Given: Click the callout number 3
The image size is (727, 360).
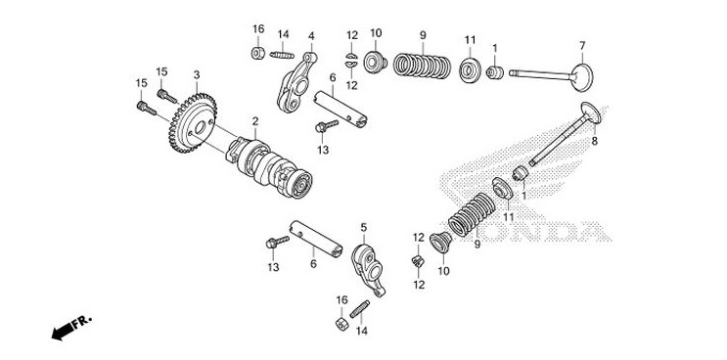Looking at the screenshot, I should click(x=196, y=74).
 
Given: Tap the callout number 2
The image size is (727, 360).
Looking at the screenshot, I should click(x=255, y=121).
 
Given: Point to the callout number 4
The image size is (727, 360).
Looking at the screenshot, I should click(x=311, y=36).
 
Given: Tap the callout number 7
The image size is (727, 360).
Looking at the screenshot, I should click(x=582, y=45).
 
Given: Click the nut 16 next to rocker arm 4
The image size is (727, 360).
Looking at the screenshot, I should click(x=258, y=52).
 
